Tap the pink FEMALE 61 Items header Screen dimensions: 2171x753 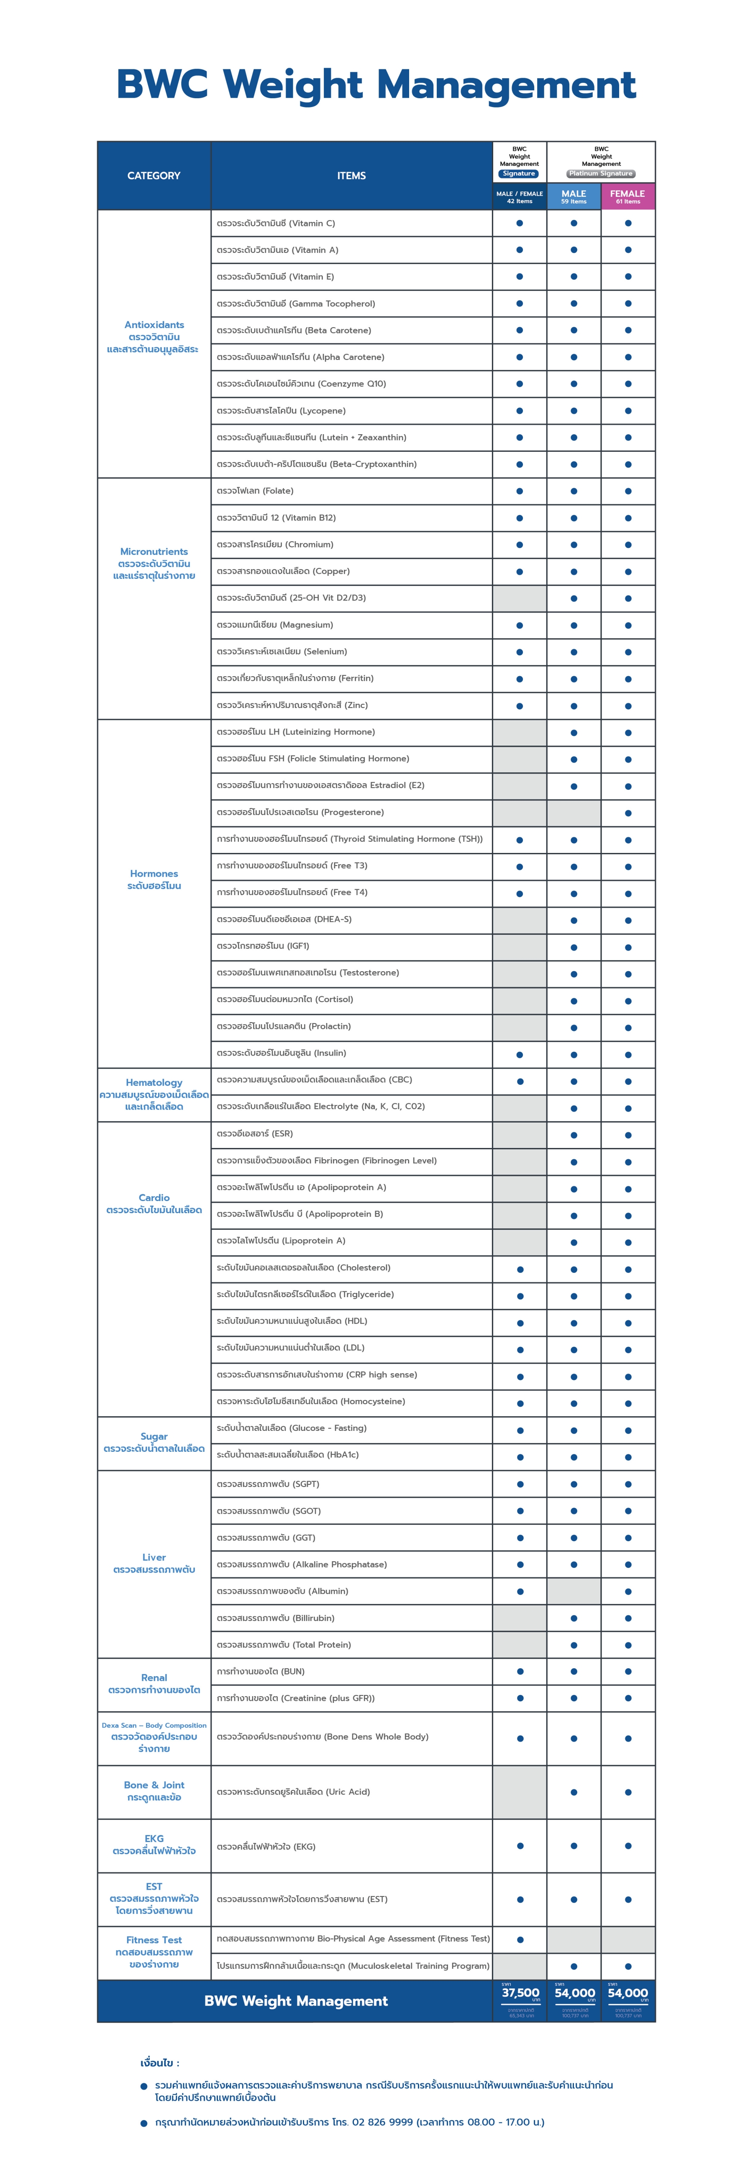tap(627, 196)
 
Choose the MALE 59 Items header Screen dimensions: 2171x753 tap(574, 196)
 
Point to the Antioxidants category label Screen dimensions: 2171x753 tap(154, 324)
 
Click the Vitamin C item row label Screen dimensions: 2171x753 tap(276, 223)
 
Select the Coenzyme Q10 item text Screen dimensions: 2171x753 tap(301, 384)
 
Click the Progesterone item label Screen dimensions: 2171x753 tap(300, 812)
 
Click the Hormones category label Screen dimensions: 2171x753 tap(154, 874)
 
